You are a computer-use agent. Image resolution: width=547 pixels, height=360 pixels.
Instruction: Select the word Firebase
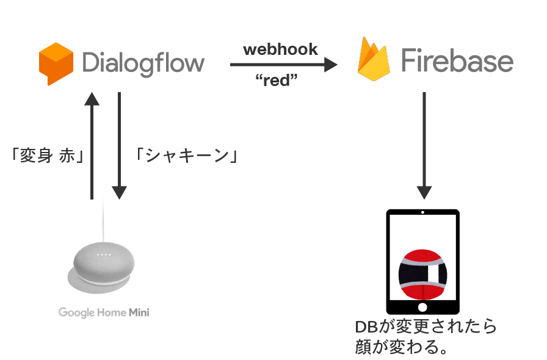pyautogui.click(x=457, y=62)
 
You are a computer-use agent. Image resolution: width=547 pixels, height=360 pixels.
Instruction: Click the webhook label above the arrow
pyautogui.click(x=280, y=49)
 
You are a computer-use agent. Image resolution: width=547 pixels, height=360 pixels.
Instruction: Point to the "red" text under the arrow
pyautogui.click(x=280, y=81)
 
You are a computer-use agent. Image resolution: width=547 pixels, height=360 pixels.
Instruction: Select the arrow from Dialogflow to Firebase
pyautogui.click(x=284, y=64)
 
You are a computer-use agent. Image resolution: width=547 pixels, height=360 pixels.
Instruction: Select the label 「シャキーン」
pyautogui.click(x=186, y=156)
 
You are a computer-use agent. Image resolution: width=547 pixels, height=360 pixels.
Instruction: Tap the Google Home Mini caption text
pyautogui.click(x=104, y=312)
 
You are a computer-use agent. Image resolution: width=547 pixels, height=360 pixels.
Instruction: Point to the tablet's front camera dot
pyautogui.click(x=423, y=214)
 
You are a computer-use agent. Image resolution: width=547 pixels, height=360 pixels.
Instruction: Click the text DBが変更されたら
pyautogui.click(x=426, y=326)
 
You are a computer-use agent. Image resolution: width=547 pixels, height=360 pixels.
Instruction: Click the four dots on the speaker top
pyautogui.click(x=103, y=253)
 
